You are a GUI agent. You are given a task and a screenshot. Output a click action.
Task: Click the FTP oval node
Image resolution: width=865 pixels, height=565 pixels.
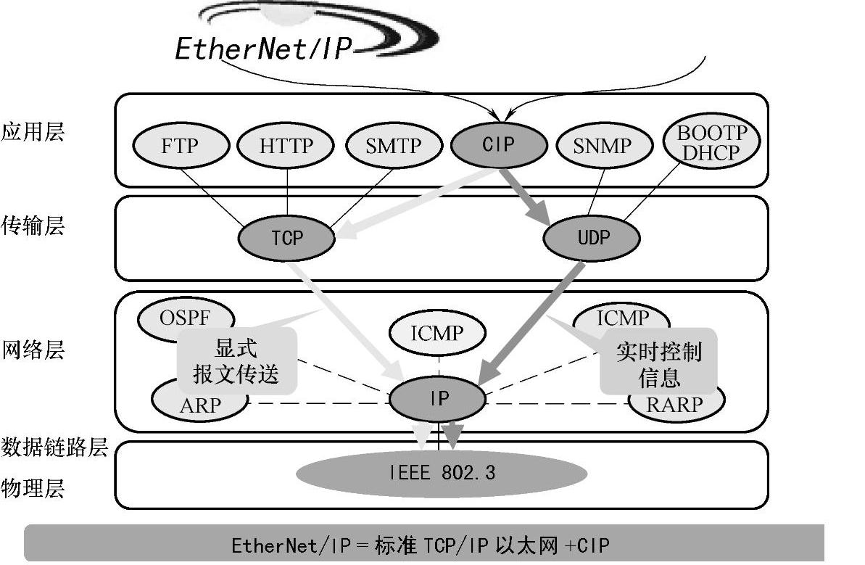tap(179, 146)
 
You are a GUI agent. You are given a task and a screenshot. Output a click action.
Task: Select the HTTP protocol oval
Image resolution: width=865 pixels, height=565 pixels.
tap(286, 146)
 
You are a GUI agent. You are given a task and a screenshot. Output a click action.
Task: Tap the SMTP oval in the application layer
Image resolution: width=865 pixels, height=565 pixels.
tap(393, 146)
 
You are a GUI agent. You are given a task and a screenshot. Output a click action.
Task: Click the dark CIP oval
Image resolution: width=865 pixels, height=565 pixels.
tap(498, 144)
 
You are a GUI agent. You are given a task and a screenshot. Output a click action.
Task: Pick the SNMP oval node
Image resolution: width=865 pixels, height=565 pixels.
tap(603, 146)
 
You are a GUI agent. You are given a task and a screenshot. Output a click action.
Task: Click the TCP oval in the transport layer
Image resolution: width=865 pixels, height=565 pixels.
tap(287, 237)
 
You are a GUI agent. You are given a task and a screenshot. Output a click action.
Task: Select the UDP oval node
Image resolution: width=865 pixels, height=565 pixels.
tap(592, 237)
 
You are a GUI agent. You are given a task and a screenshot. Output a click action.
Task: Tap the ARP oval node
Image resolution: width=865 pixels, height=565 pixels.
tap(199, 404)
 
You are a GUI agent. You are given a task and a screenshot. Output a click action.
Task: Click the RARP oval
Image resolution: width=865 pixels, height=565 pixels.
tap(675, 404)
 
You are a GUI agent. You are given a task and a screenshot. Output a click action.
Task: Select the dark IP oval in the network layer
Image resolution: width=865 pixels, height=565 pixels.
tap(438, 398)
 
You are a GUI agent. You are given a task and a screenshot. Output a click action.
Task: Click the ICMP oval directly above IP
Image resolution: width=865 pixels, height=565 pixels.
tap(436, 334)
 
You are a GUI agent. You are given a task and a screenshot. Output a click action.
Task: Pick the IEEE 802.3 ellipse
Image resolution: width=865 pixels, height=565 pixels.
tap(442, 474)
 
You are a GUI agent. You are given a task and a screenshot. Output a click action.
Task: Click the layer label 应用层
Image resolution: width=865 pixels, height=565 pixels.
tap(33, 131)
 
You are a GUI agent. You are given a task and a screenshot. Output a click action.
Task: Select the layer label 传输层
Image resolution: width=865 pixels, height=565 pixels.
tap(33, 226)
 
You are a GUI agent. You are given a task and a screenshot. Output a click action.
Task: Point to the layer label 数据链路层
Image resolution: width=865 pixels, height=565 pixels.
tap(54, 447)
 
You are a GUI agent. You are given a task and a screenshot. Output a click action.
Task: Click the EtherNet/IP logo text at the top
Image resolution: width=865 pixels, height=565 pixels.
tap(263, 48)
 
